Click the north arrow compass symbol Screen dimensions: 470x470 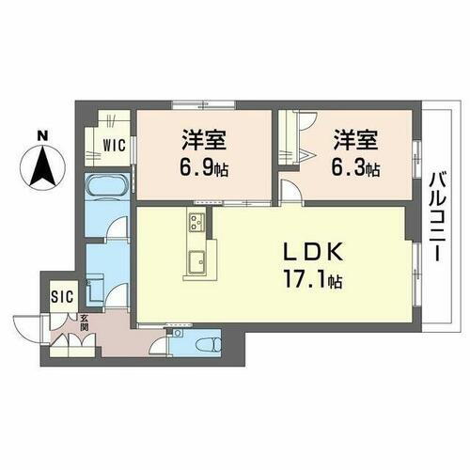[40, 171]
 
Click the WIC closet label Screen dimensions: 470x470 [116, 146]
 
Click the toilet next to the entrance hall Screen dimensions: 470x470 [207, 339]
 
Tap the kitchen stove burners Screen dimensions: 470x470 [196, 224]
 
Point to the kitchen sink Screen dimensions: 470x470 [197, 262]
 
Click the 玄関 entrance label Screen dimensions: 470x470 [84, 322]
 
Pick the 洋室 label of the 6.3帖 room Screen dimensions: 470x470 [353, 143]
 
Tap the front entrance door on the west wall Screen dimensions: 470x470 [28, 330]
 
